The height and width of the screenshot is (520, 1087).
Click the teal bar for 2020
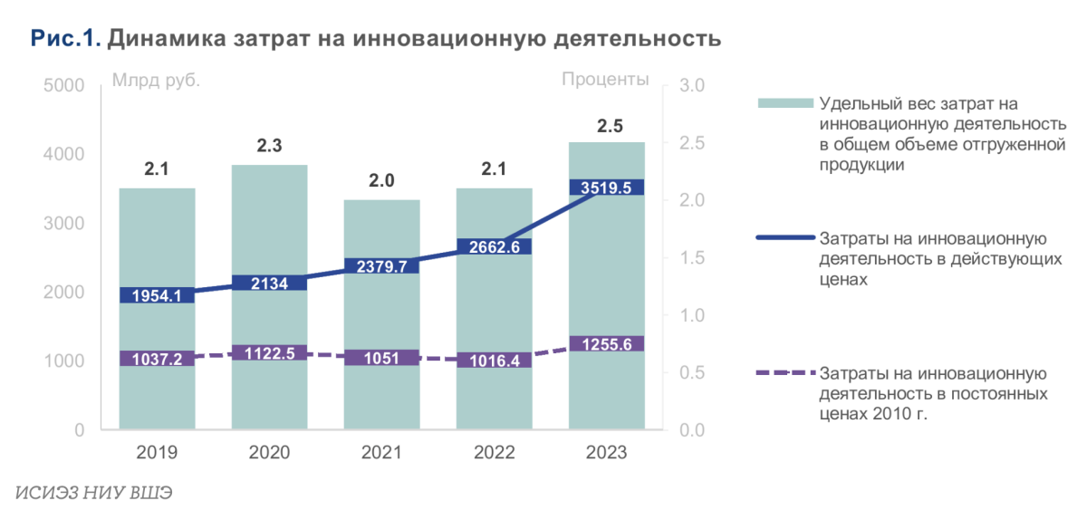point(269,226)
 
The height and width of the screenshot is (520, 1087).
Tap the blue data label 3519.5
point(606,188)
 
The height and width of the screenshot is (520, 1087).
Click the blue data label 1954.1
point(157,295)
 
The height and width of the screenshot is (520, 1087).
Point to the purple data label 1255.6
point(606,343)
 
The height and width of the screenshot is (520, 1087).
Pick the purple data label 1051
point(381,357)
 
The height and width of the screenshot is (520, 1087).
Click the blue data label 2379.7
point(381,265)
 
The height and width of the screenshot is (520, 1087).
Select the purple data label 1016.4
point(494,360)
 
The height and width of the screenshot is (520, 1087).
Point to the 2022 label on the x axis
point(494,452)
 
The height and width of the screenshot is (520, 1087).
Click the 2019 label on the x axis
point(157,452)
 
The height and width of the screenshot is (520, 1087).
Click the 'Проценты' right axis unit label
point(605,79)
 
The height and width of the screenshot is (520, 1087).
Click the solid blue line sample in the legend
point(782,238)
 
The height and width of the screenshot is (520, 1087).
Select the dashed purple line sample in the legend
point(782,372)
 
